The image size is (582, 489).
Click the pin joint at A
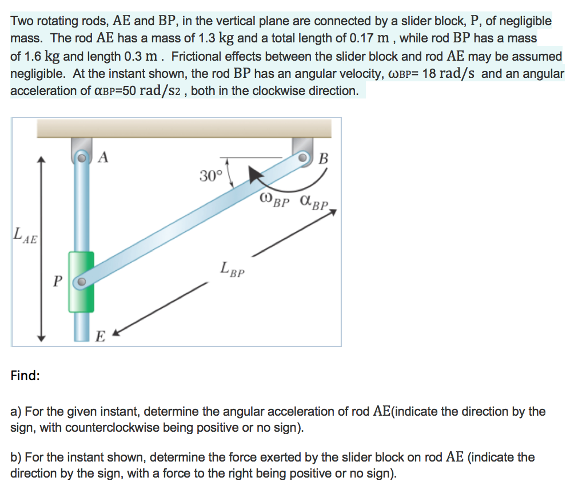click(x=82, y=156)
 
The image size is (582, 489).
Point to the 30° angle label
click(x=210, y=175)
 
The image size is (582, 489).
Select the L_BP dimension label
click(x=232, y=269)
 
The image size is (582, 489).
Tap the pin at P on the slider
click(x=82, y=282)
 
